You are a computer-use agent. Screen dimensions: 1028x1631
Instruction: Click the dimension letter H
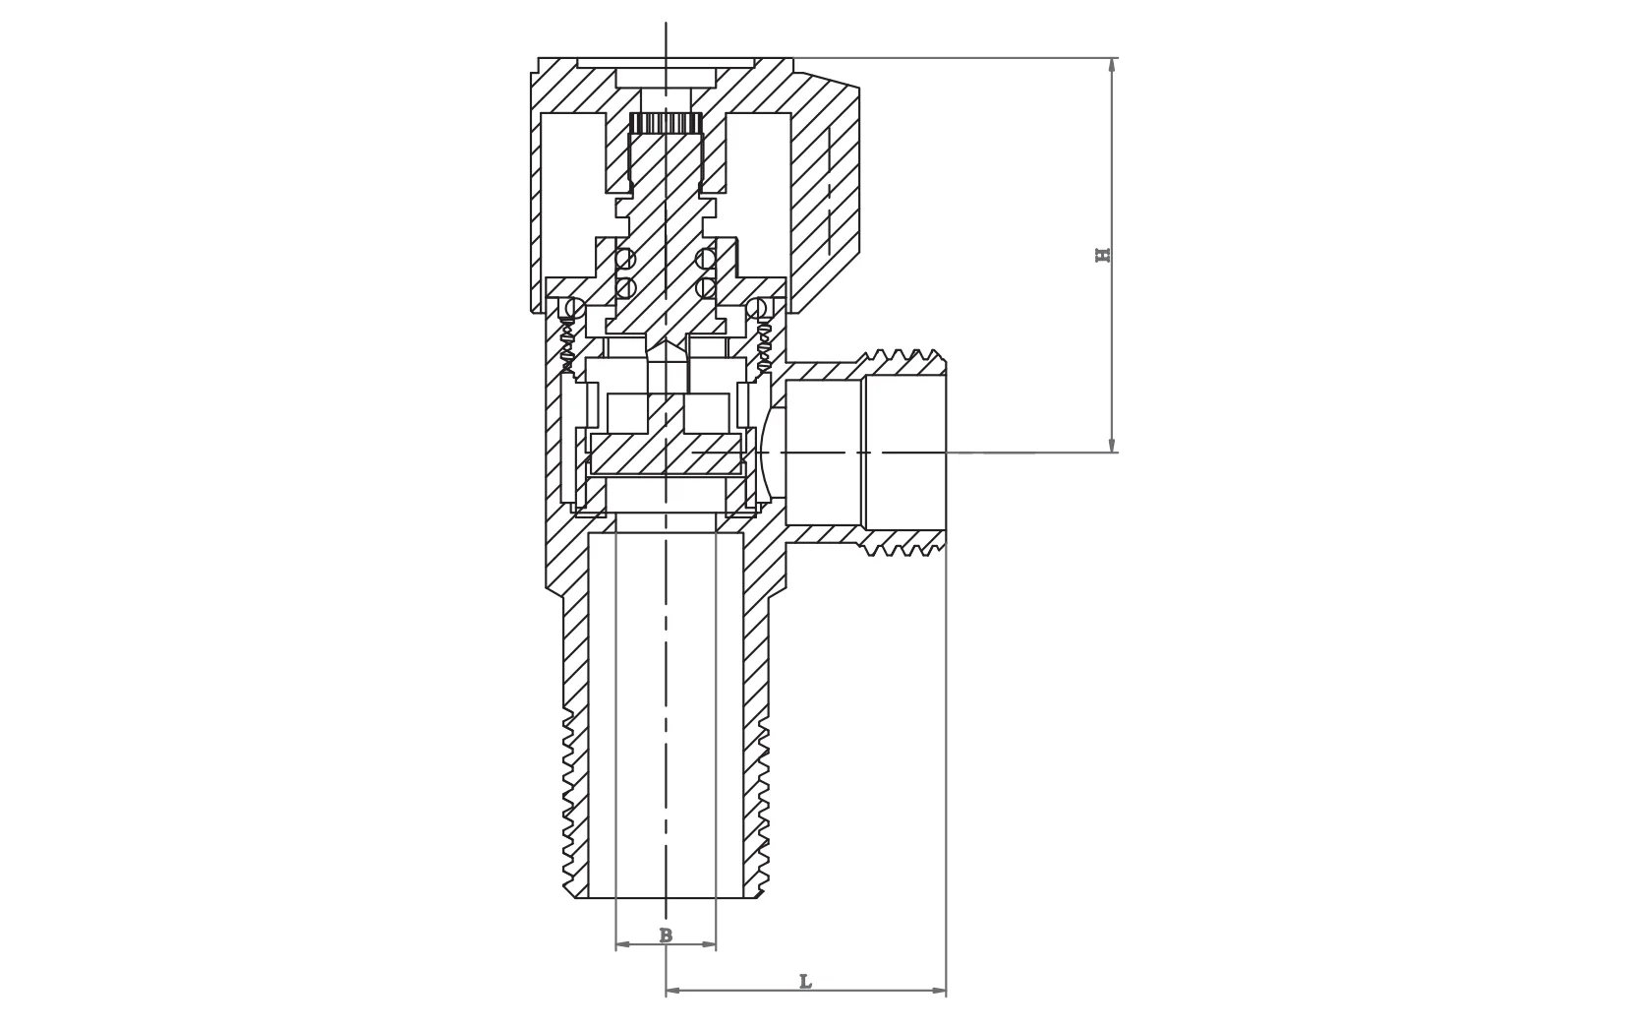1103,255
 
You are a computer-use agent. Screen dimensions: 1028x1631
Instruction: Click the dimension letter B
666,936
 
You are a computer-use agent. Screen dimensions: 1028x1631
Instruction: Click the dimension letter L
805,982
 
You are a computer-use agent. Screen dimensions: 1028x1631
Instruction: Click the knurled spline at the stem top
666,123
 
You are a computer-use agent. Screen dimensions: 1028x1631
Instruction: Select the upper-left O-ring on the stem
625,259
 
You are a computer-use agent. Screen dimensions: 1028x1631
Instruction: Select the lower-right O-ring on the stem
705,287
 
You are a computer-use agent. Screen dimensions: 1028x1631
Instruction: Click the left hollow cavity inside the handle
571,187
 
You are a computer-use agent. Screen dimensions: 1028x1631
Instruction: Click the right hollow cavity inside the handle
759,187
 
